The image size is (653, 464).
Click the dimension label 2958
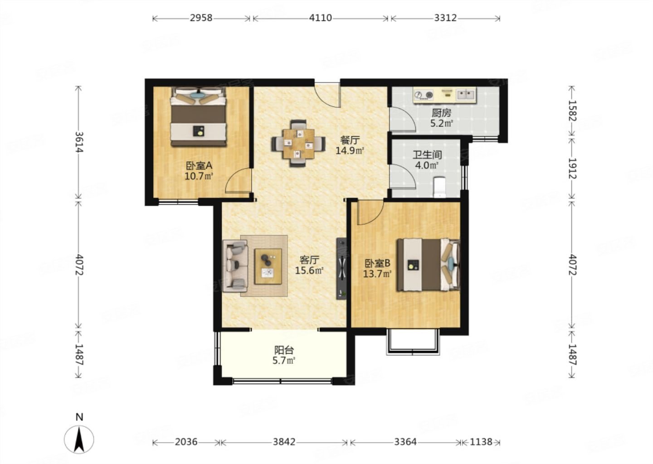point(201,18)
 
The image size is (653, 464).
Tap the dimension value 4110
point(320,18)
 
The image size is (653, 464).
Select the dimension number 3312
point(445,18)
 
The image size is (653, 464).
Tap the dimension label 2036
point(186,442)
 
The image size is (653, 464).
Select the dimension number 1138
point(481,442)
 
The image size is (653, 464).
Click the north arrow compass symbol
point(79,439)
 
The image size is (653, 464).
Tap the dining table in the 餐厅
point(298,144)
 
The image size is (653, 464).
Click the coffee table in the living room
point(268,266)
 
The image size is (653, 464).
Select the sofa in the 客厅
point(235,266)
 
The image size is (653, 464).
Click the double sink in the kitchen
point(466,94)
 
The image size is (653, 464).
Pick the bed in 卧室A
point(199,117)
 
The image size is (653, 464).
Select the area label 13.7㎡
point(377,274)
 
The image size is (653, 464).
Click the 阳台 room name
point(284,350)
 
